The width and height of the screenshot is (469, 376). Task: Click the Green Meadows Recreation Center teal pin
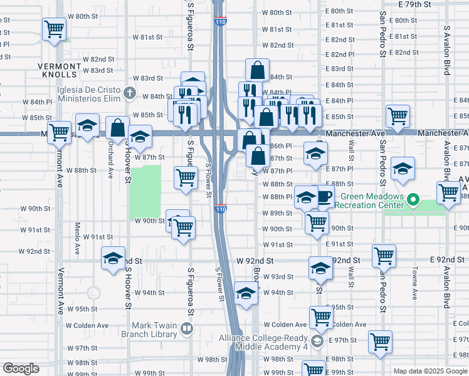point(413,201)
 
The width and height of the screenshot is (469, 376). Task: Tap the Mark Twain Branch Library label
point(154,330)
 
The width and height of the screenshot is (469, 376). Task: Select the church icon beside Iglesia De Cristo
point(130,94)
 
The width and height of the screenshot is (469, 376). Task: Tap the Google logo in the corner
point(21,368)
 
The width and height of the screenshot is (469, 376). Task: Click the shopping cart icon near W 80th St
point(54,28)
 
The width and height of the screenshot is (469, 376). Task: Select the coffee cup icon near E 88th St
point(324,196)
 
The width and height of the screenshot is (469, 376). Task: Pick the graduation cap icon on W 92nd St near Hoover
point(113,259)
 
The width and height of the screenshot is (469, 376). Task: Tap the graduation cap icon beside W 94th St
point(246,293)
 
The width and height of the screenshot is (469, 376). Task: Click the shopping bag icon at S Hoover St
point(117,127)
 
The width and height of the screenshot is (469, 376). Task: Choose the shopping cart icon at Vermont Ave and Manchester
point(59,132)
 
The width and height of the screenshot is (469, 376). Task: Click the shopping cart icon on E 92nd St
point(384,255)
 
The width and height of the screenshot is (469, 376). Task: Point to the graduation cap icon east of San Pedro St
point(403,168)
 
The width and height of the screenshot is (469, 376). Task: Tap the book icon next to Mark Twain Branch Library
point(186,328)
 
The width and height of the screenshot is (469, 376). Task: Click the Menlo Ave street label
point(77,239)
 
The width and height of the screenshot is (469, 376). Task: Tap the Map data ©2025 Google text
point(431,371)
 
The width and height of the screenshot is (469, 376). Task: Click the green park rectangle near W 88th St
point(145,191)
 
